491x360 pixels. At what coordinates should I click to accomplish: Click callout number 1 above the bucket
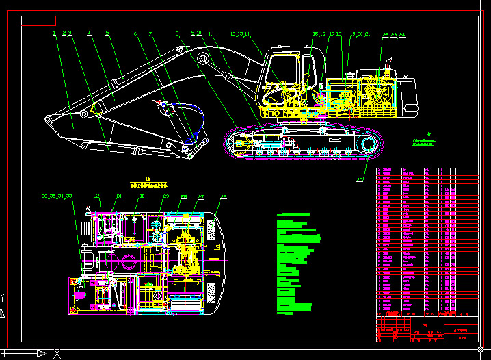[x=54, y=33]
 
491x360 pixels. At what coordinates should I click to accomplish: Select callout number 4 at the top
[x=89, y=33]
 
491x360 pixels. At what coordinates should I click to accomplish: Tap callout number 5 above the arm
[x=107, y=33]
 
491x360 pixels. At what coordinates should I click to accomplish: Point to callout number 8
[x=177, y=33]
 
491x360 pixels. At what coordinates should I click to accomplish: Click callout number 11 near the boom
[x=210, y=33]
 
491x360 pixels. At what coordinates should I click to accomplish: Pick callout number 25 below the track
[x=360, y=180]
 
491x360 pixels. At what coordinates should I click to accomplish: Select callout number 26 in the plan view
[x=223, y=197]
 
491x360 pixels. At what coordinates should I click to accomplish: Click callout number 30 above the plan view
[x=142, y=197]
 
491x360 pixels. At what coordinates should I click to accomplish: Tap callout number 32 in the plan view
[x=96, y=197]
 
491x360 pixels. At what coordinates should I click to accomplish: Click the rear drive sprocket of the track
[x=369, y=144]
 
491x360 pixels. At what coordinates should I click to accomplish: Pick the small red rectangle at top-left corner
[x=38, y=21]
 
